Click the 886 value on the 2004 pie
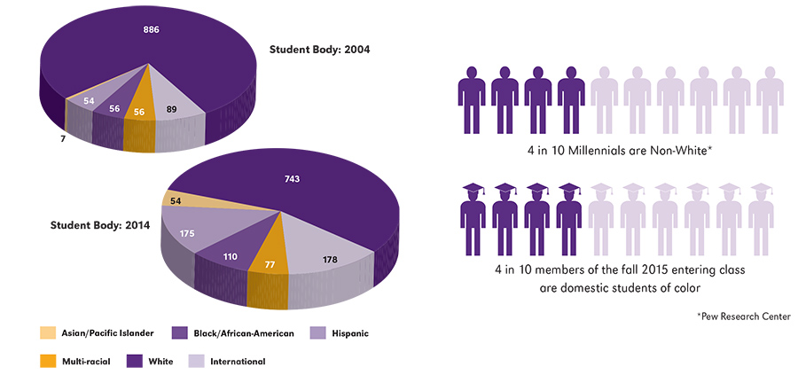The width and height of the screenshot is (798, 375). [x=151, y=30]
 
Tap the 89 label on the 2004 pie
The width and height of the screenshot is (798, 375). [x=171, y=110]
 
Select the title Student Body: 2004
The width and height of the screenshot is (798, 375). [x=319, y=50]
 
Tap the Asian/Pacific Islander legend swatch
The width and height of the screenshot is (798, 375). [x=47, y=333]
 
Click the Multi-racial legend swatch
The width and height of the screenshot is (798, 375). [x=47, y=362]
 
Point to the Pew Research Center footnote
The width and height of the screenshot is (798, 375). [x=743, y=316]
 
